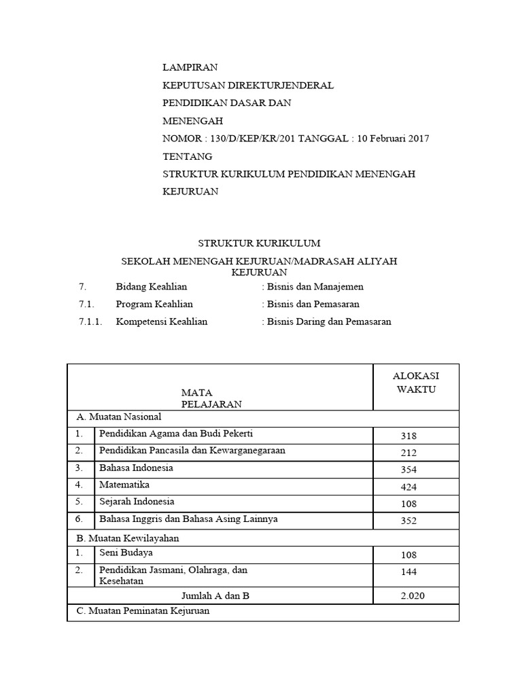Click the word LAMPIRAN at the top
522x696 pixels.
[191, 67]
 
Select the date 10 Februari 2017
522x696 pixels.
[391, 139]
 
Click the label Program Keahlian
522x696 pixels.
[154, 304]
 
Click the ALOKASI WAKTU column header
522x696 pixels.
[416, 383]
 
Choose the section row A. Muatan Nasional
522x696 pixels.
[116, 417]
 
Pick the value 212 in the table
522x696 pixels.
[409, 453]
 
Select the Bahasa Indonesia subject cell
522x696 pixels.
[136, 468]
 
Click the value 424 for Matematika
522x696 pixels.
[409, 487]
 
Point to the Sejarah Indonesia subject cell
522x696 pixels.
[137, 502]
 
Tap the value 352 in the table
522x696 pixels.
[409, 521]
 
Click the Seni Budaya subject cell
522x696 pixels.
[126, 553]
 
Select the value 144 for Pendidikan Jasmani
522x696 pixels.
[409, 572]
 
